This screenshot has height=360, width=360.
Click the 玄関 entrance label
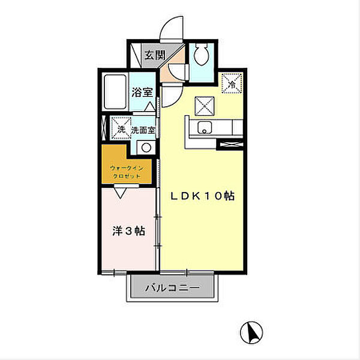coord(155,55)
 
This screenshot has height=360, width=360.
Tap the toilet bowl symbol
coord(202,55)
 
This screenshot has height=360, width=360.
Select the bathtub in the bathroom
coord(115,92)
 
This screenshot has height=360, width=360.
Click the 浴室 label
coord(142,92)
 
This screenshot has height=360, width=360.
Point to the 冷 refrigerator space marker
coord(232,83)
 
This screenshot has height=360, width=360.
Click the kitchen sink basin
coord(205,127)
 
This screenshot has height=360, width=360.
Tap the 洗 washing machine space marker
coord(121,128)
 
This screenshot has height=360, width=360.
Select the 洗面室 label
coord(143,130)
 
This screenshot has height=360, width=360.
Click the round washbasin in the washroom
coord(146,148)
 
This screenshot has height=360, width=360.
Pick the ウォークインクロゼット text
coord(127,172)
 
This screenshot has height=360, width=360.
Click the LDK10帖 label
coord(202,196)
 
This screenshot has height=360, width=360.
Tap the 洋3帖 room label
coord(128,231)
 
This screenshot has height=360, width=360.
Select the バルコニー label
coord(172,287)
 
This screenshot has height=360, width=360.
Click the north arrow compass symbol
coord(251,332)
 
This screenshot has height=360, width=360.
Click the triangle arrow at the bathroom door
coord(151,107)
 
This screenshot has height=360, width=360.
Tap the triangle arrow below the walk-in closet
coord(121,193)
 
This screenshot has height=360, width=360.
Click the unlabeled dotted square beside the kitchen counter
coord(205,106)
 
